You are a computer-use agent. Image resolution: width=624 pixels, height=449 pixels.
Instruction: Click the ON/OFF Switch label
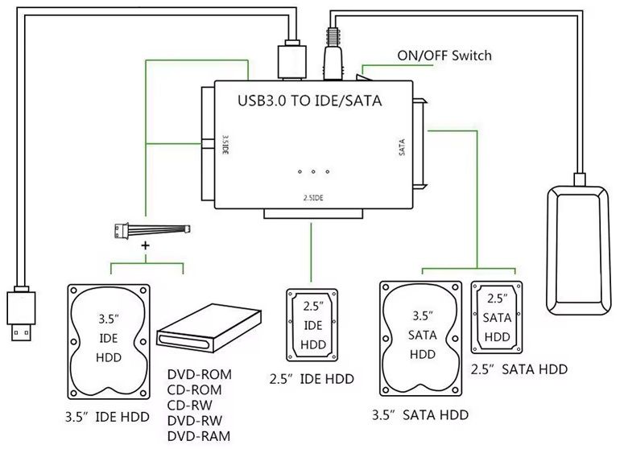(x=444, y=56)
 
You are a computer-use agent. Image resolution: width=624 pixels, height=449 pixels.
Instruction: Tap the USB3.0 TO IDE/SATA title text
(x=309, y=102)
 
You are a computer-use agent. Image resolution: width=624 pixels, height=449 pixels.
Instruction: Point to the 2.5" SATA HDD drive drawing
(x=497, y=316)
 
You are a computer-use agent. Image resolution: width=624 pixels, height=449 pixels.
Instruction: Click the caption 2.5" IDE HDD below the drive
(x=312, y=379)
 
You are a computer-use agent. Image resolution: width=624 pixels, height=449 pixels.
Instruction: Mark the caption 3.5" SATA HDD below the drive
(x=421, y=415)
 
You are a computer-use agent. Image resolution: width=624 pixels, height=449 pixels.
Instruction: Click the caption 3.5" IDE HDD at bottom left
(x=108, y=417)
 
